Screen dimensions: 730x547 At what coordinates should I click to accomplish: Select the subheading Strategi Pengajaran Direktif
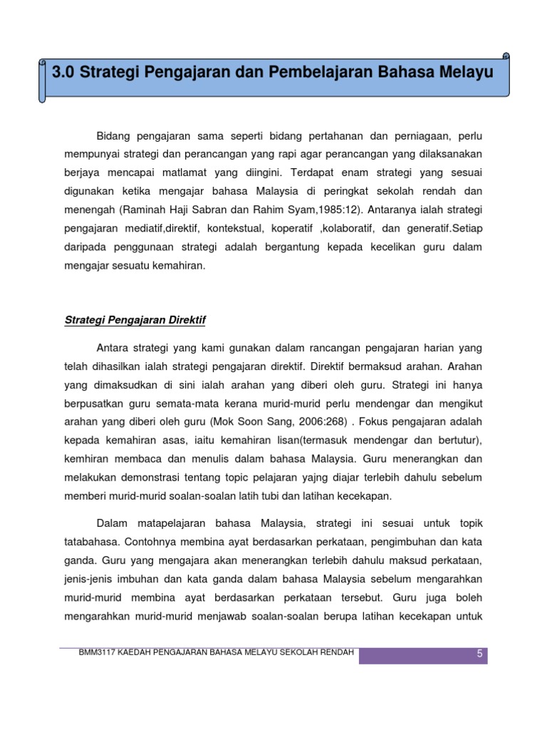(x=135, y=321)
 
